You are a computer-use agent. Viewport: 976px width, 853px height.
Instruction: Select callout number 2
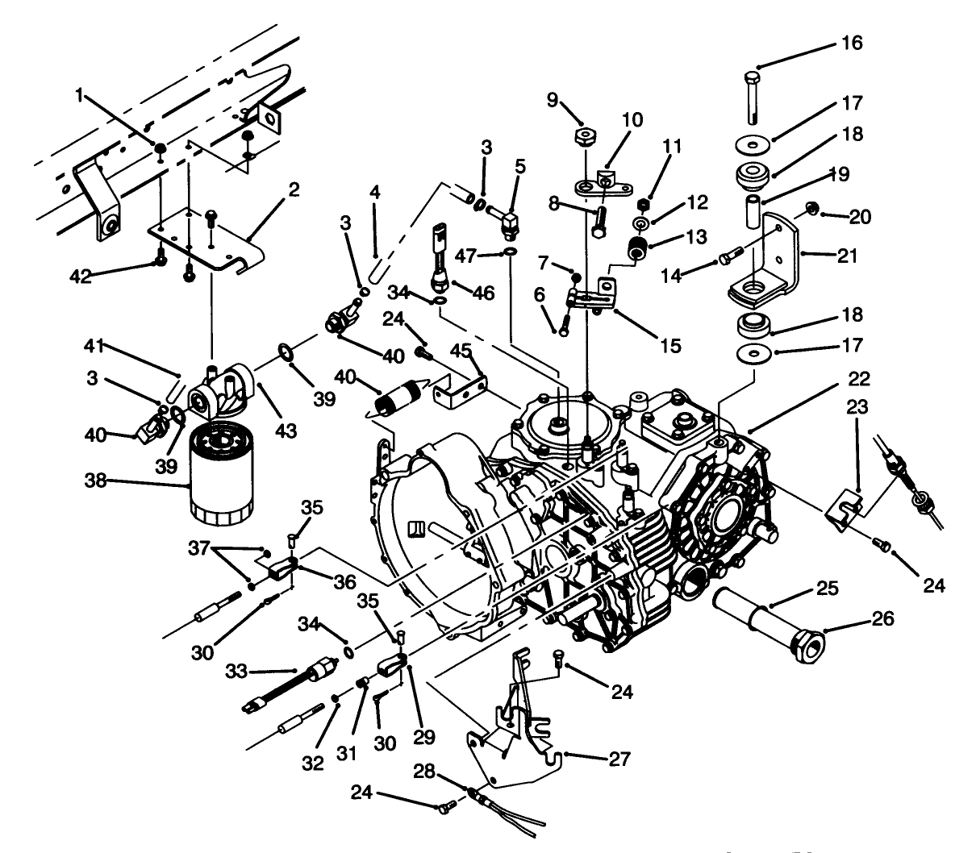pos(294,189)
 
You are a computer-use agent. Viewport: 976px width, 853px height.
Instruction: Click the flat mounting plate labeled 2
pos(210,242)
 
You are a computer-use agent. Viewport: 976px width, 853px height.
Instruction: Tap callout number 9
pos(552,100)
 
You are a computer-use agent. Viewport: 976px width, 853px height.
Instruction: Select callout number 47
pos(486,256)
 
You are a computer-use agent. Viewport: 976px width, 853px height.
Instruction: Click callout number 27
pos(620,759)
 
